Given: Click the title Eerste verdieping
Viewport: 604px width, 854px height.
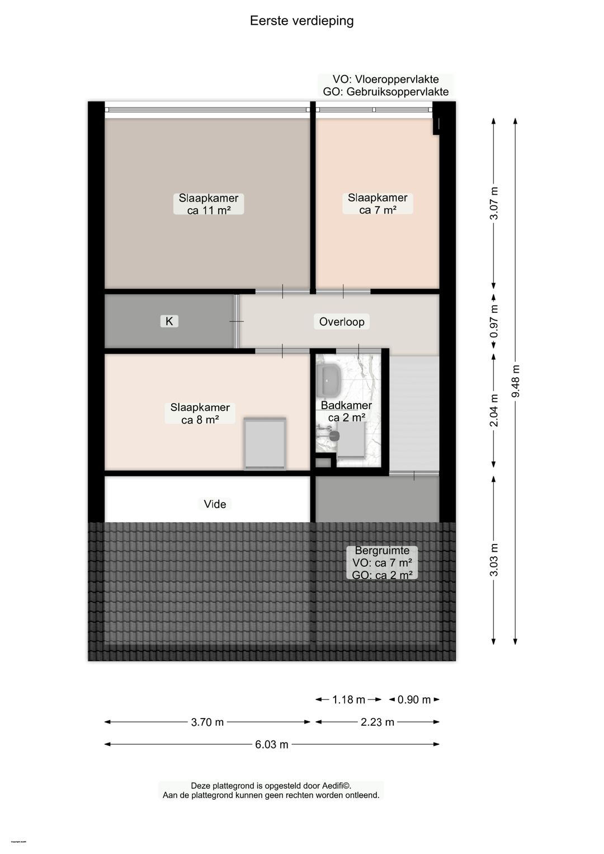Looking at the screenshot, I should [x=301, y=21].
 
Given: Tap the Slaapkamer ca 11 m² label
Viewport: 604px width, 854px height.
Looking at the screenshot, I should [x=209, y=204].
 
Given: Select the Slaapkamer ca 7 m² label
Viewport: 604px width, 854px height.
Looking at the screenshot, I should [x=377, y=204].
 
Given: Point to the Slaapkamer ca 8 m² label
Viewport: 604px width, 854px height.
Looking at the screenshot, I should [x=200, y=414].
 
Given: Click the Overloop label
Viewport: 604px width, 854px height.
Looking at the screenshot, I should [x=342, y=322].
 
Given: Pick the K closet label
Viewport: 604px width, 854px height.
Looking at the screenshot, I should [x=169, y=321].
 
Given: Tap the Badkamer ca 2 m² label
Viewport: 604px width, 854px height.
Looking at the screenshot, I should [x=346, y=411].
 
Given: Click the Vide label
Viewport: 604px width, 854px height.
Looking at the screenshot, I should [x=215, y=504].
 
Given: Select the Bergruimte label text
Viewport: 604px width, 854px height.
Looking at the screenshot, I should [x=382, y=551].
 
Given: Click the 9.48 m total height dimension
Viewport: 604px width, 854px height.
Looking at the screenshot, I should [x=516, y=381].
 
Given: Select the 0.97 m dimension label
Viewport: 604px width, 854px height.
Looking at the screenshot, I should [x=494, y=321].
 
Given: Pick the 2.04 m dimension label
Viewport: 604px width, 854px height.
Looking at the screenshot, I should [x=494, y=410].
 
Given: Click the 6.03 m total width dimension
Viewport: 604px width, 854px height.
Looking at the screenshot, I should [x=272, y=744].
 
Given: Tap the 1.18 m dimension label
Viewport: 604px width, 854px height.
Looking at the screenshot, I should [x=348, y=700].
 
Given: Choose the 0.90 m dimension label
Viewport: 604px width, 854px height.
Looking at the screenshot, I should [x=414, y=700].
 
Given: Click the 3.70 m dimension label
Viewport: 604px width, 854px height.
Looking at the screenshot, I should [x=207, y=722].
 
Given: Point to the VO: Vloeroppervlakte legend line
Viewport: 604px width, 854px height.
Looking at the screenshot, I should [x=385, y=79].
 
